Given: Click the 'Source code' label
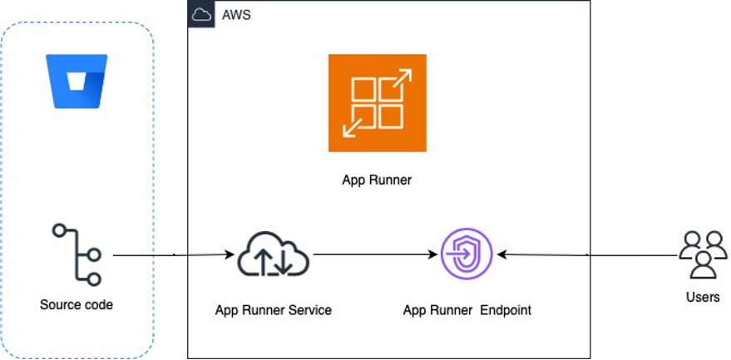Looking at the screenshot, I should tap(77, 305).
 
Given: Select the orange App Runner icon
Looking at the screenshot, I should tap(377, 103).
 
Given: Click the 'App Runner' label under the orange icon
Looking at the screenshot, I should tap(377, 180).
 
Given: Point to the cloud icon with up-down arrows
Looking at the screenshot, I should tap(274, 254).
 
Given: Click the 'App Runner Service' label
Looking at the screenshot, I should tap(274, 310).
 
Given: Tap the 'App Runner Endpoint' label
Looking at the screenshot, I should tap(467, 310).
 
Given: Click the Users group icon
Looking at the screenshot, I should tap(703, 254).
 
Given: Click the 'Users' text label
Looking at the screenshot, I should tap(703, 297).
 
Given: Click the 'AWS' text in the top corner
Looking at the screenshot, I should tap(236, 15).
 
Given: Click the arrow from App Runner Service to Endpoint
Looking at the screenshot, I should tap(374, 254).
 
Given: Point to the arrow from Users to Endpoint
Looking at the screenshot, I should tap(586, 254).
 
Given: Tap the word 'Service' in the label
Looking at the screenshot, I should tap(309, 310).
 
